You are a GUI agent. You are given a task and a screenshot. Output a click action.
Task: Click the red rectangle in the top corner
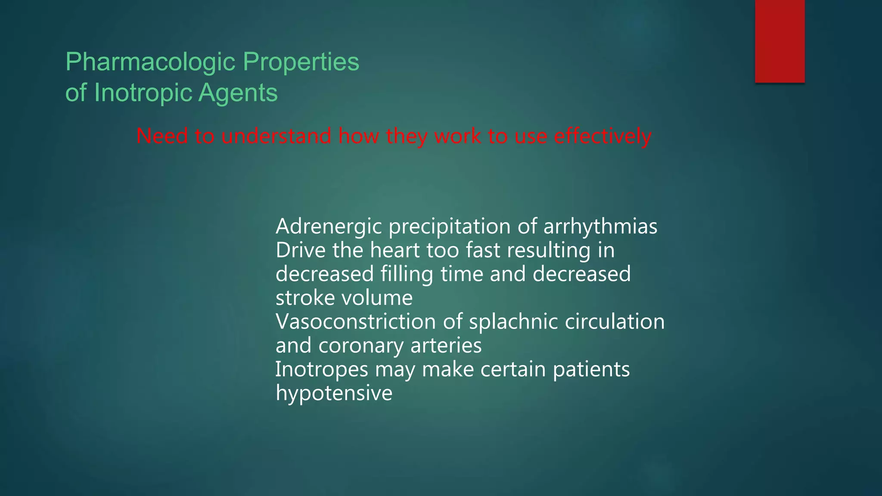(780, 41)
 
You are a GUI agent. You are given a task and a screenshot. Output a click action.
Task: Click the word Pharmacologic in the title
(150, 62)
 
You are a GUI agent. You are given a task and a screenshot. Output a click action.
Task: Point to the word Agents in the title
(238, 93)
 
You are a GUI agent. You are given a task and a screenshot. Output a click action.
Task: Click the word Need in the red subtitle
(162, 136)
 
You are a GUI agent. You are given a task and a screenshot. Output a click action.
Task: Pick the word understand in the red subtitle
(276, 136)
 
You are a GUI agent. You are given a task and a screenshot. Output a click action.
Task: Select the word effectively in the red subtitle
(602, 136)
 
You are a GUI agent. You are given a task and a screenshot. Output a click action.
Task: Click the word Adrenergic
(329, 227)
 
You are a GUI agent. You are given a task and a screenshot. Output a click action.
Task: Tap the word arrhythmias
(600, 226)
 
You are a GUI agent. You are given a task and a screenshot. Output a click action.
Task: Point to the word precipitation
(450, 227)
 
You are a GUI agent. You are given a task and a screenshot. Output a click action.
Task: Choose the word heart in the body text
(394, 250)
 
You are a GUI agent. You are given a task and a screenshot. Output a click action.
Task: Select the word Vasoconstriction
(356, 322)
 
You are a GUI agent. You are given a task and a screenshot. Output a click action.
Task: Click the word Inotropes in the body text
(322, 369)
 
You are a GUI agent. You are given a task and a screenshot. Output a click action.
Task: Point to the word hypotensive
(334, 393)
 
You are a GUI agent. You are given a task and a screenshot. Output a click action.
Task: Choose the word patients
(591, 369)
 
